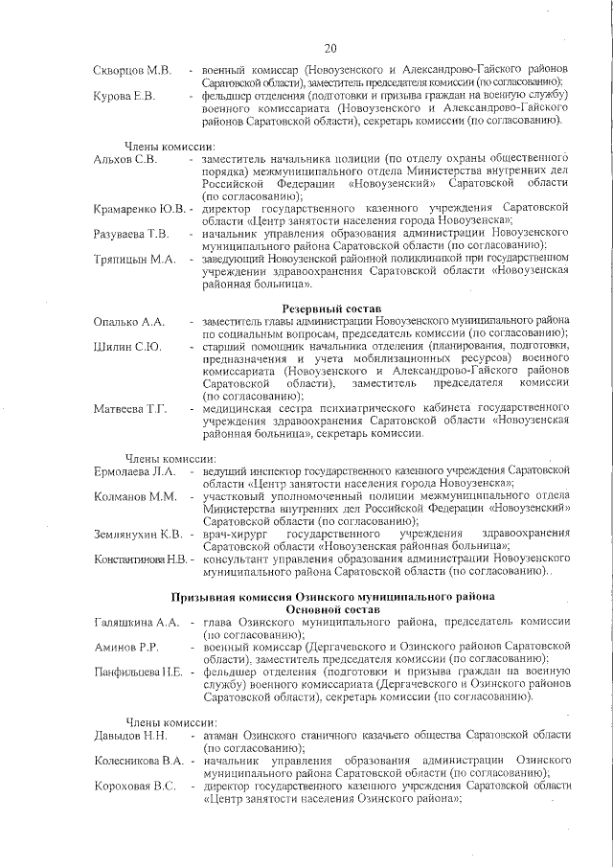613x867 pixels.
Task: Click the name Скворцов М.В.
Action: click(x=132, y=71)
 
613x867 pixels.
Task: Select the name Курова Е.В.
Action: click(x=125, y=96)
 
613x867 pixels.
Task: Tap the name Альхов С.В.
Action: click(x=125, y=159)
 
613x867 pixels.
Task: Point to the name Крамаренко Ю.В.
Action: click(x=139, y=209)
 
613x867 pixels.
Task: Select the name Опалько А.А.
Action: click(x=128, y=321)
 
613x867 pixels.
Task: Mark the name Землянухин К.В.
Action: click(x=138, y=534)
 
